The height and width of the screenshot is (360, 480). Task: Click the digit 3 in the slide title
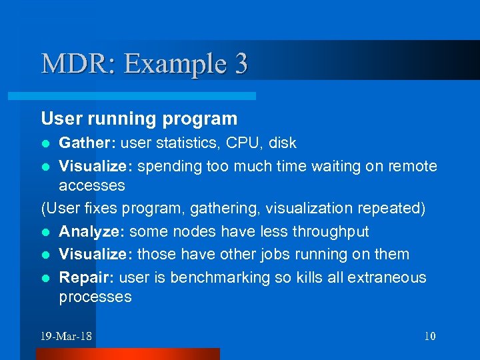pyautogui.click(x=240, y=64)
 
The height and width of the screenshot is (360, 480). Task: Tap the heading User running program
pyautogui.click(x=139, y=119)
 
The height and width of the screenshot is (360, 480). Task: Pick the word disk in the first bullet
pyautogui.click(x=283, y=143)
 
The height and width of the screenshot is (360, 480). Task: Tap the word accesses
pyautogui.click(x=92, y=185)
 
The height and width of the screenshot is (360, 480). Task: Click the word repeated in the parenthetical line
pyautogui.click(x=391, y=209)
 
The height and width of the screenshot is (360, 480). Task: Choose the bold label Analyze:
pyautogui.click(x=92, y=231)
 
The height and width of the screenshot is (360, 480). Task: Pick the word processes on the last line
pyautogui.click(x=95, y=297)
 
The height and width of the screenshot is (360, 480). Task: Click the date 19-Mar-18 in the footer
pyautogui.click(x=66, y=335)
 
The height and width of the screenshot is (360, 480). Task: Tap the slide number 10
pyautogui.click(x=429, y=335)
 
